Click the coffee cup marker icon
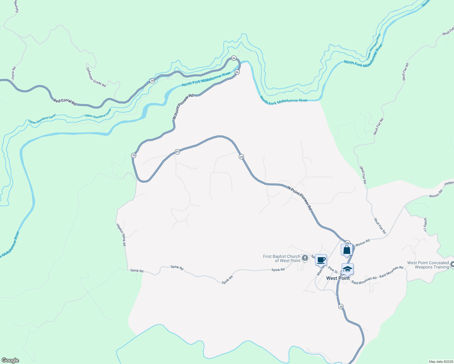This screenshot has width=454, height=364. (321, 260)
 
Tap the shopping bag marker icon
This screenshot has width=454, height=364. (347, 250)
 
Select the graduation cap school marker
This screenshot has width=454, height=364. (348, 269)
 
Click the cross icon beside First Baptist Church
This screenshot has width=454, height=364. (305, 258)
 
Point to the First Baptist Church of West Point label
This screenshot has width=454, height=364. (282, 258)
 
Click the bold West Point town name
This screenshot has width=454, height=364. (338, 278)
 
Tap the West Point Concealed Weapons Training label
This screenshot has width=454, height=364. (428, 265)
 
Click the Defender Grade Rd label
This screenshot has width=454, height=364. (96, 77)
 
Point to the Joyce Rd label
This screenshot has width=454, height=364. (13, 73)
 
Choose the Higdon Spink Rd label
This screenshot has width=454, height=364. (121, 235)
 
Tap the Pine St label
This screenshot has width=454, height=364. (333, 270)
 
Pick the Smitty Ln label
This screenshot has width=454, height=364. (425, 224)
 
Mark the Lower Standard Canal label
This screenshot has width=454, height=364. (373, 46)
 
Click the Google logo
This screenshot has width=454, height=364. (10, 360)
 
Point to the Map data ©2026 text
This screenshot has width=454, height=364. (441, 362)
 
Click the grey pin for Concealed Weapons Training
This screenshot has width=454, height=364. (452, 265)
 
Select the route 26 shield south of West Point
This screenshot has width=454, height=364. (341, 307)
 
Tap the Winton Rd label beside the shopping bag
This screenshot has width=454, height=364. (362, 243)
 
